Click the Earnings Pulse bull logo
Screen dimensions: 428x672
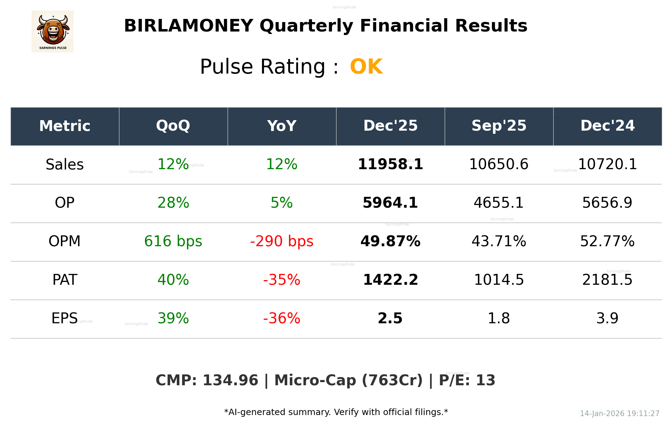53,32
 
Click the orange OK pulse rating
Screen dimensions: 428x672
366,67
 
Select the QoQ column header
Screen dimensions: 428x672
173,126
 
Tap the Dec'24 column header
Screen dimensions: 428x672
607,126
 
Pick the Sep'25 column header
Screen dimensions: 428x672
499,126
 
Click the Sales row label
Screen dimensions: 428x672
65,165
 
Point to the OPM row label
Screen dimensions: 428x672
65,241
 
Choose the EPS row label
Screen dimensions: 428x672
64,318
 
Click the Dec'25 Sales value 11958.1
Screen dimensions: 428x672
390,164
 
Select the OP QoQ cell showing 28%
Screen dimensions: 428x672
173,203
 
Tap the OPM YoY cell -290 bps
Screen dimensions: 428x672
282,241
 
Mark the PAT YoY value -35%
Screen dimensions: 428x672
282,280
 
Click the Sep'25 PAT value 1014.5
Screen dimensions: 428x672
499,280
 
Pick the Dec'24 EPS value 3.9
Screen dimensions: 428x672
607,318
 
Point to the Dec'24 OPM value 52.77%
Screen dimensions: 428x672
607,241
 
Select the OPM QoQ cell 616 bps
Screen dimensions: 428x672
173,241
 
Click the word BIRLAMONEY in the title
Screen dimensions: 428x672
188,26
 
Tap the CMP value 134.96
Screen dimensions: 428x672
230,380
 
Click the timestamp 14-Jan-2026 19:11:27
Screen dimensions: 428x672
619,414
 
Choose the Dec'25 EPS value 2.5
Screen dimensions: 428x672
390,318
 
